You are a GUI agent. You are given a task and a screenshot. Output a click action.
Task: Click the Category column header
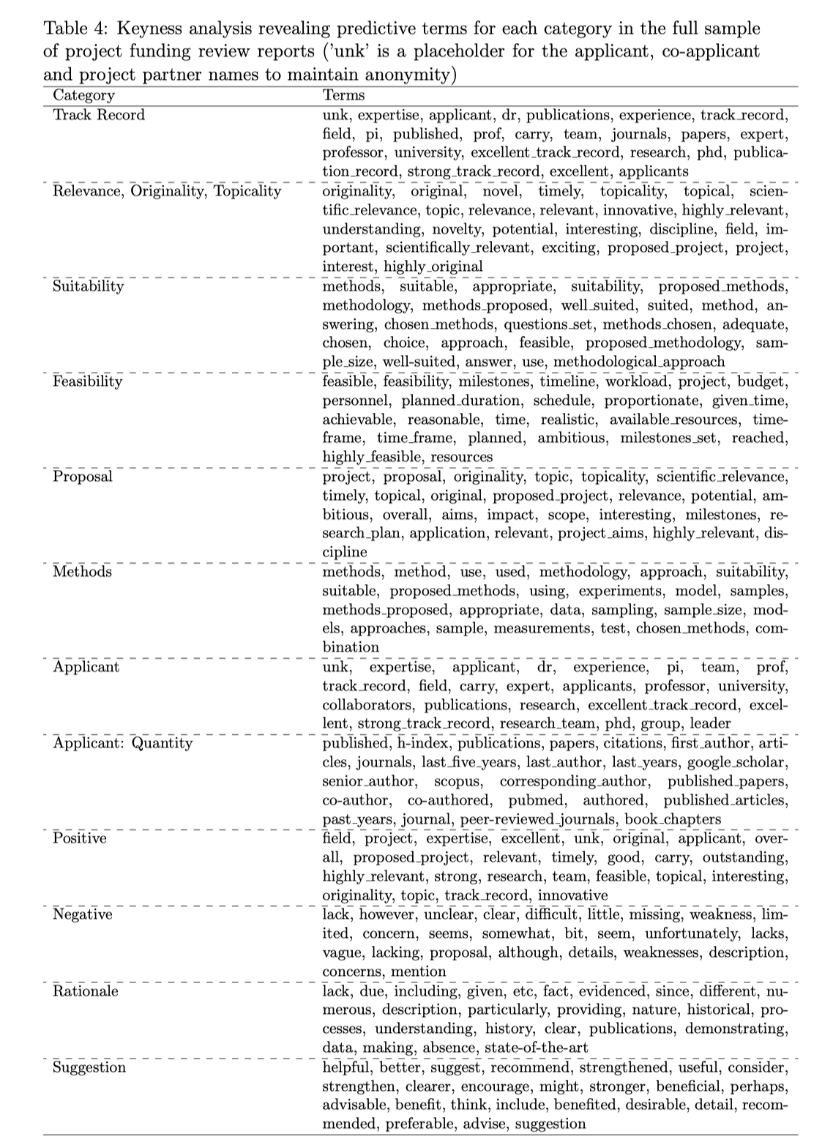[x=83, y=95]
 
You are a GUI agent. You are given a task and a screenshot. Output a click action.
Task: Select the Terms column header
[x=343, y=95]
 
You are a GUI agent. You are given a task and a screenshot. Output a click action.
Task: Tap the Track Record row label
[x=99, y=115]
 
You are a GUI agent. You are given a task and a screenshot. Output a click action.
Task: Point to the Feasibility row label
[x=88, y=381]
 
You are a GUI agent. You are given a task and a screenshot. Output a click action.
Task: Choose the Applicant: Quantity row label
[x=122, y=743]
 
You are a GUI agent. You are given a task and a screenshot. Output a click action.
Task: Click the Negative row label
[x=82, y=914]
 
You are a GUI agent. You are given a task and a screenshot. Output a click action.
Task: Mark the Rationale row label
[x=85, y=991]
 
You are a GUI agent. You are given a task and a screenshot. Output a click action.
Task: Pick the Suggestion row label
[x=89, y=1067]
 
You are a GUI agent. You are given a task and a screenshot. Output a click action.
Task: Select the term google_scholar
[x=742, y=762]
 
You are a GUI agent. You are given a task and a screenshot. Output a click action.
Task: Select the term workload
[x=632, y=381]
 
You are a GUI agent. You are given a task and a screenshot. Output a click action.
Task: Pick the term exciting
[x=568, y=248]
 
